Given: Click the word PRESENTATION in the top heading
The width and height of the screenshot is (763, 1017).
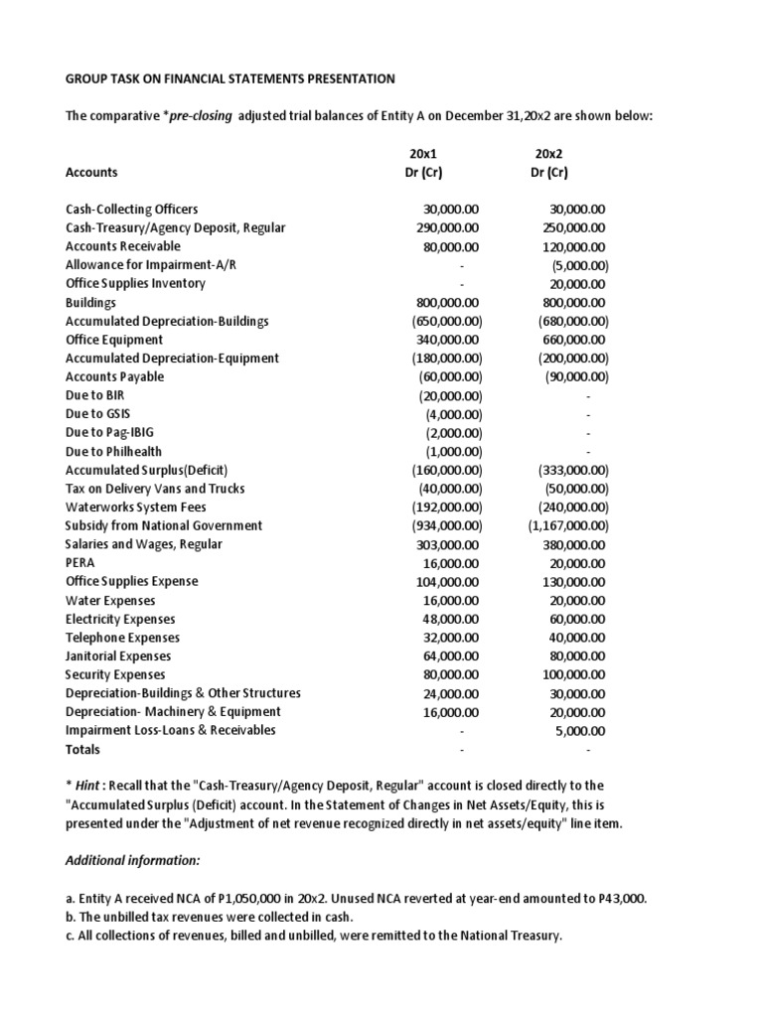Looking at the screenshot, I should click(344, 78).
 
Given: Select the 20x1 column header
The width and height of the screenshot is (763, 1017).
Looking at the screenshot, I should click(422, 154).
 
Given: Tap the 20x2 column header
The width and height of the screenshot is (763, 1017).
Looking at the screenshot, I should click(549, 154).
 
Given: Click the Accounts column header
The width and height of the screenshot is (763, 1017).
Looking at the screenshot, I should click(91, 173).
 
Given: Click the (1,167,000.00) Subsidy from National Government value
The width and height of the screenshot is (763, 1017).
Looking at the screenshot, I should click(569, 526).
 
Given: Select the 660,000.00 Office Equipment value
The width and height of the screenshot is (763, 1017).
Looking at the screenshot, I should click(576, 340).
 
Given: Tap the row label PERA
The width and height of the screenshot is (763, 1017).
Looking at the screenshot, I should click(80, 563).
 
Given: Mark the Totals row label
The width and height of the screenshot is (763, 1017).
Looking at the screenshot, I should click(83, 750).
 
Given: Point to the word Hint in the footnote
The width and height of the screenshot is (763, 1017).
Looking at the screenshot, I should click(90, 786).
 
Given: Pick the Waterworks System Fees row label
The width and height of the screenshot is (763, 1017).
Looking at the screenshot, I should click(136, 508).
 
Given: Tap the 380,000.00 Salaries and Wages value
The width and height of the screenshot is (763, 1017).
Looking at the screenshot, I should click(576, 544).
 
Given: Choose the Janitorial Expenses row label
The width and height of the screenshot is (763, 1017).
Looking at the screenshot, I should click(118, 656).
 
